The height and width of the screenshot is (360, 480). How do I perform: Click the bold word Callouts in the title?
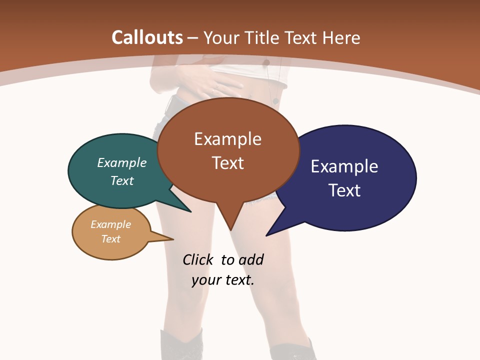147,37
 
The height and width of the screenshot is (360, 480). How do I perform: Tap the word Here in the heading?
342,37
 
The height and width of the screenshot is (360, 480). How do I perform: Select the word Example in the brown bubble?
227,139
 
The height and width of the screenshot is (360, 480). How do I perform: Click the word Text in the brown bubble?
227,163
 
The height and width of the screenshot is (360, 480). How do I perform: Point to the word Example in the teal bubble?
122,162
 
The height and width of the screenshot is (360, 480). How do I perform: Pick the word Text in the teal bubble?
122,180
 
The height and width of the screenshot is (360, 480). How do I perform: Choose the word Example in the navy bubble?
344,166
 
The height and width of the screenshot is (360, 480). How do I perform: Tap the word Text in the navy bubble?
344,190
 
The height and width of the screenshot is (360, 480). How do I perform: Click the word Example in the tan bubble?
111,224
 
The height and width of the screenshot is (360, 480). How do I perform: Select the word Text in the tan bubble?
111,239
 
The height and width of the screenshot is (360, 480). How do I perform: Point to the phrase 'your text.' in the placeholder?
223,280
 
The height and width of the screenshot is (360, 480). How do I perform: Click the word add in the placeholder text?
250,259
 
